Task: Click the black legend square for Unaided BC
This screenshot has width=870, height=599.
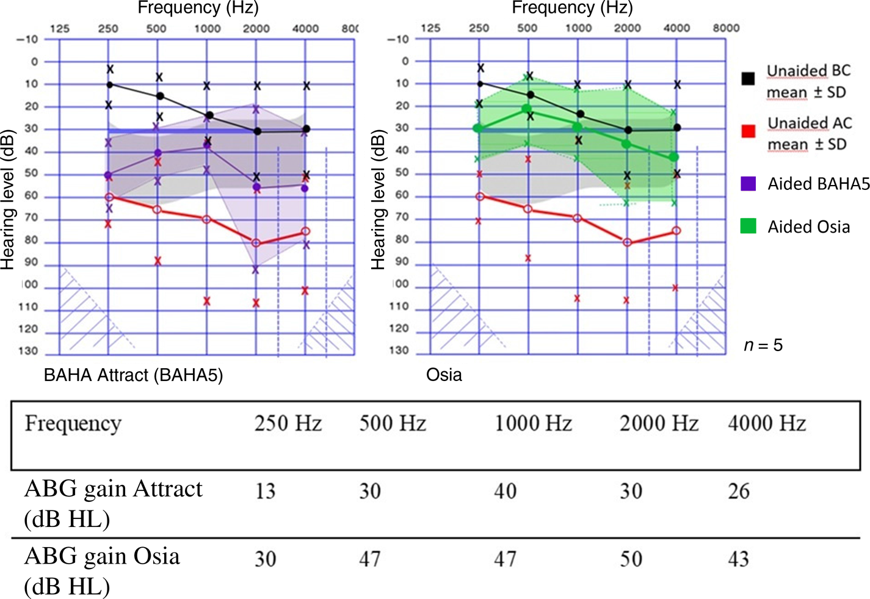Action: pos(748,78)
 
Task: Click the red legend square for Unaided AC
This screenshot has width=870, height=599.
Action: pos(749,131)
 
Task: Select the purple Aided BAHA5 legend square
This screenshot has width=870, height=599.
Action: pos(748,183)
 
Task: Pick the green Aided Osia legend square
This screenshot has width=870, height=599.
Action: pos(748,226)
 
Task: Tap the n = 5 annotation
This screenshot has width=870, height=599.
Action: pos(763,346)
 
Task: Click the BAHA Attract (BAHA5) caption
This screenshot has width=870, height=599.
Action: pos(133,374)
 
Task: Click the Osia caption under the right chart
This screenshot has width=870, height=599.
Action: pos(444,374)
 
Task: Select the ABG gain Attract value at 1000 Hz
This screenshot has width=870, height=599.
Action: pos(505,491)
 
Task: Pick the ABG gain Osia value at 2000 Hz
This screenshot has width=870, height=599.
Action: pos(631,559)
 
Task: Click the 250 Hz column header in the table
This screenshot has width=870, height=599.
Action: pos(288,423)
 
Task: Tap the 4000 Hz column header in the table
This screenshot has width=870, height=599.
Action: pos(767,423)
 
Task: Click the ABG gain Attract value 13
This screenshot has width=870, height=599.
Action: pos(265,491)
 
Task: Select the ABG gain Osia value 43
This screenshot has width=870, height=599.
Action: pos(738,559)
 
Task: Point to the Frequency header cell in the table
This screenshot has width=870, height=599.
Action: pos(73,423)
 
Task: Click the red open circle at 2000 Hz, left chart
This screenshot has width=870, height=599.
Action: pos(256,243)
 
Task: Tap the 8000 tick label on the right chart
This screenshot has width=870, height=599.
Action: pos(726,28)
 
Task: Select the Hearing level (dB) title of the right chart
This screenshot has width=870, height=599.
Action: pos(378,200)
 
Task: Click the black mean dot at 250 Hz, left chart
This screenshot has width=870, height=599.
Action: pos(110,84)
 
